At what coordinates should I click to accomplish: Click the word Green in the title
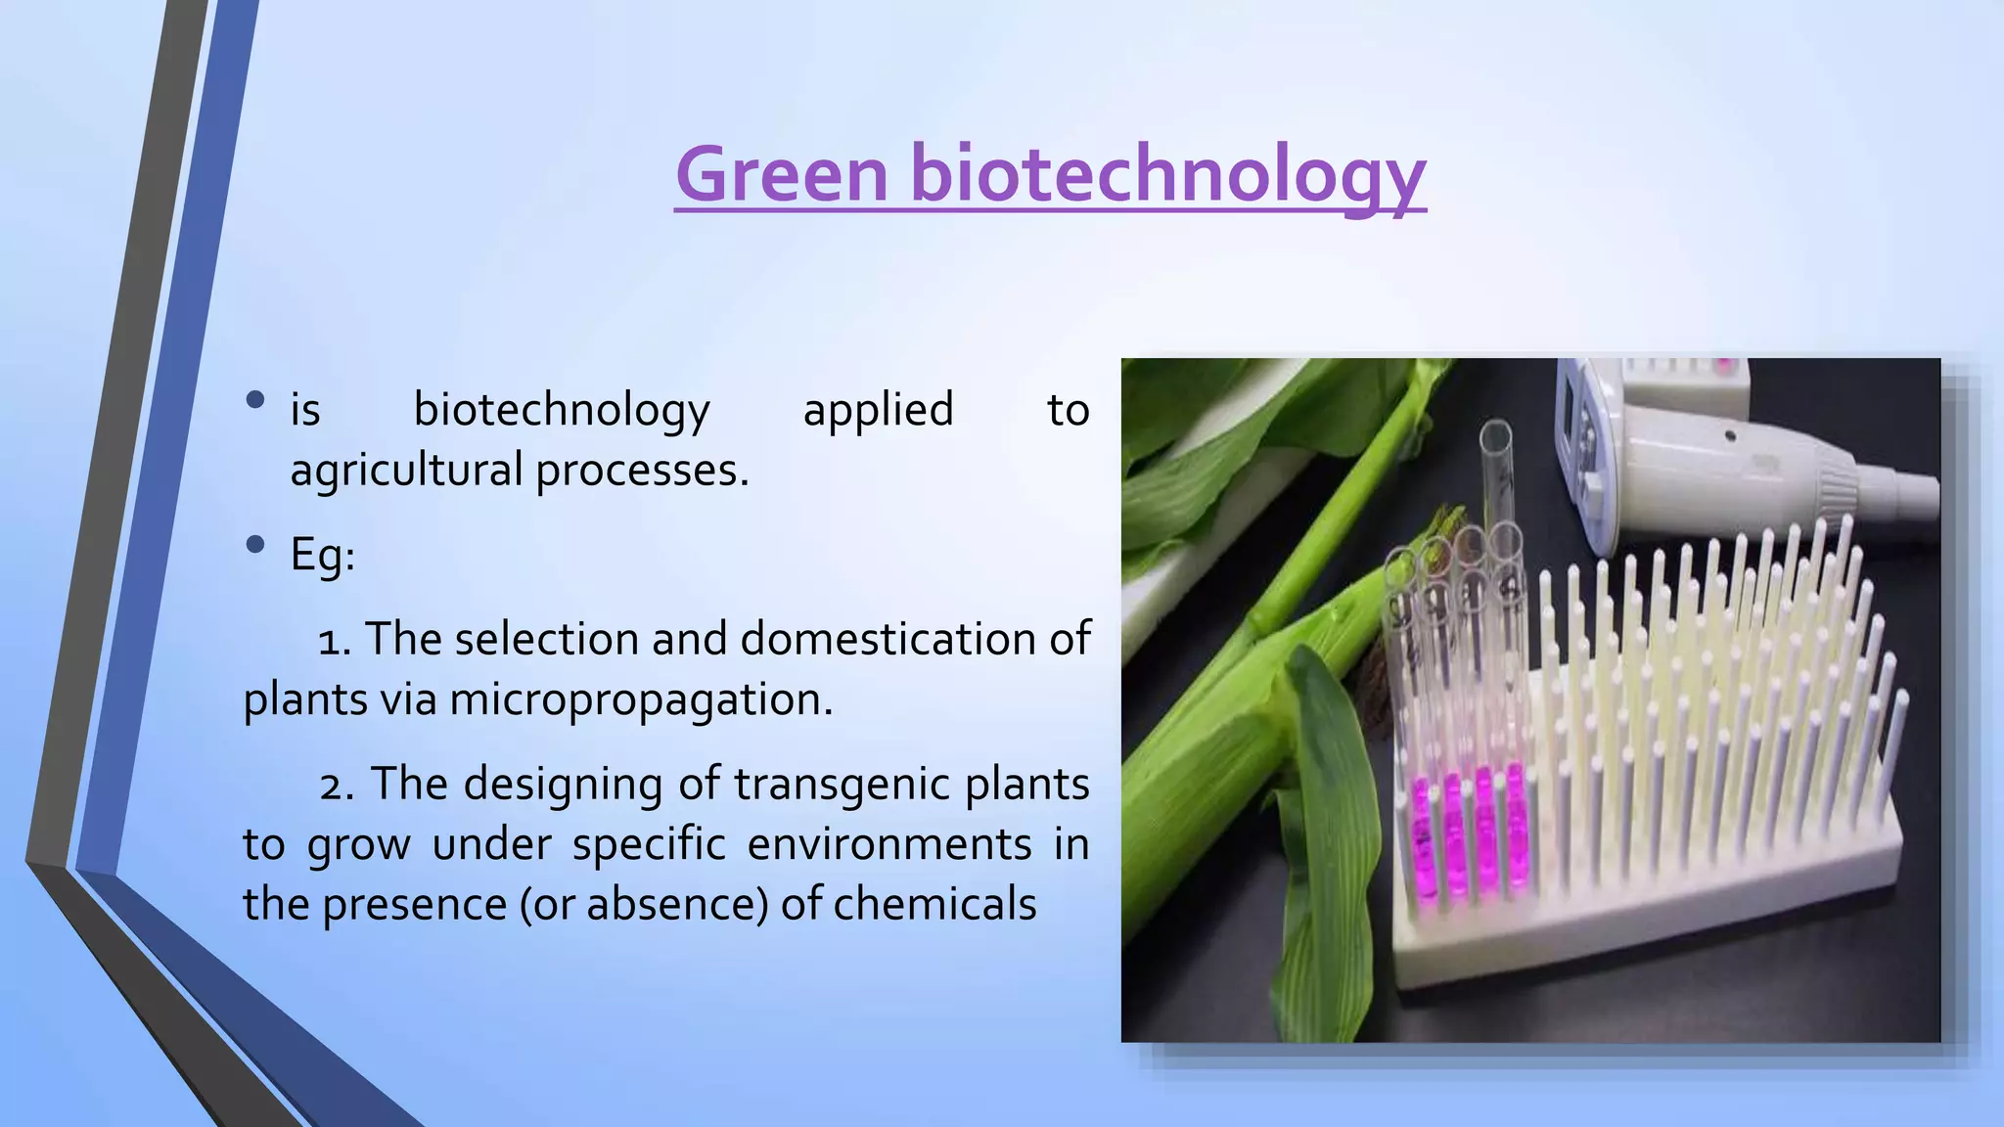click(x=781, y=174)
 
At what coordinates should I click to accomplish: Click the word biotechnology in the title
click(x=1167, y=174)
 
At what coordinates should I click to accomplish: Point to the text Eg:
click(x=322, y=556)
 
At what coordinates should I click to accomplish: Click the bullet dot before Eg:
click(x=256, y=544)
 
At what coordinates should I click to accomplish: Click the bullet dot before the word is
click(x=256, y=399)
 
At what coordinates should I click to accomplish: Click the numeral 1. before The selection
click(x=335, y=642)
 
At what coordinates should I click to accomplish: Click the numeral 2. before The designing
click(x=337, y=786)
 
